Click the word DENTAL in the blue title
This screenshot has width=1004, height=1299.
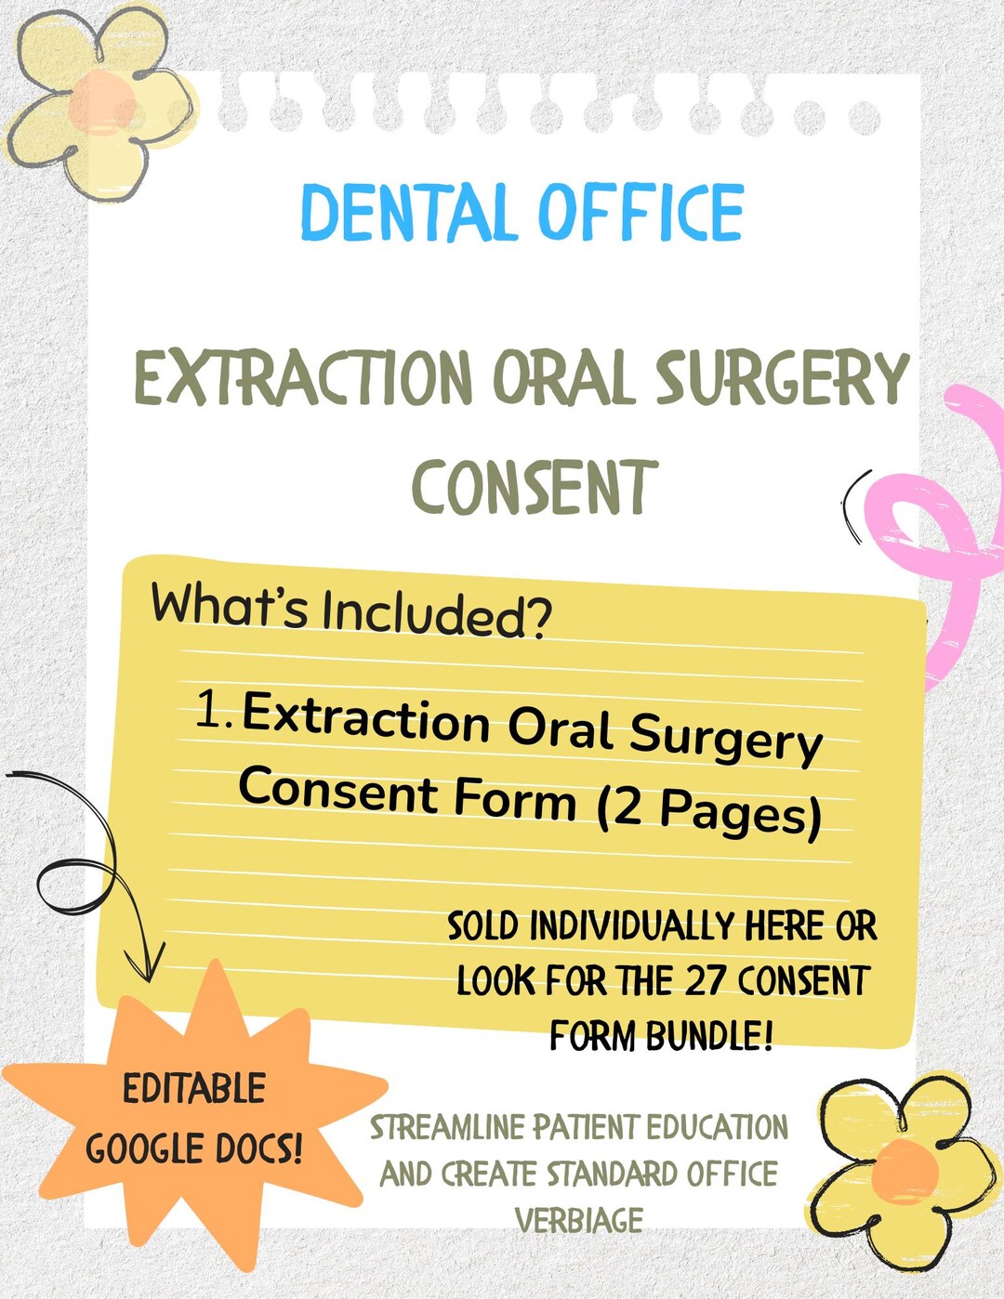(407, 213)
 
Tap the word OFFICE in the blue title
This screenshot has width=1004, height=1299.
(641, 213)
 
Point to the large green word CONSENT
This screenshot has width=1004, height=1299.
(535, 488)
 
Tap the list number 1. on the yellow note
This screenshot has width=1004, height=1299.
(215, 711)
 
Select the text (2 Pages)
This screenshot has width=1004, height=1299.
(709, 810)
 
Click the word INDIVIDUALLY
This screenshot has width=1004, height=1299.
(631, 926)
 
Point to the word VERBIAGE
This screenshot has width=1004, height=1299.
(578, 1220)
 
